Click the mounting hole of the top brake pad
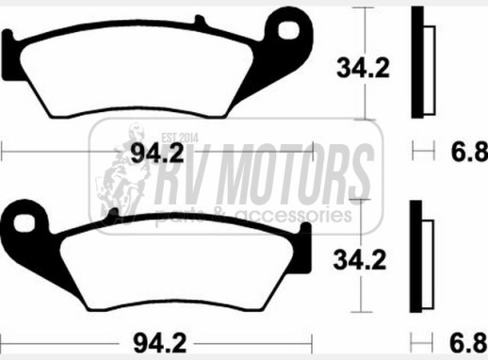point(288,30)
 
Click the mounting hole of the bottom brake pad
point(24,222)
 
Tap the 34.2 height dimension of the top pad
point(363,68)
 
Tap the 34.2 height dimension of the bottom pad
point(360,260)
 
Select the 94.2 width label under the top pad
point(157,154)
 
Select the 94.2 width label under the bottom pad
point(160,343)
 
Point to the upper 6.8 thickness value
point(470,152)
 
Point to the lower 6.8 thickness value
point(469,342)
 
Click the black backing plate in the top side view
point(417,62)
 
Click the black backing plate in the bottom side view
point(415,256)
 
